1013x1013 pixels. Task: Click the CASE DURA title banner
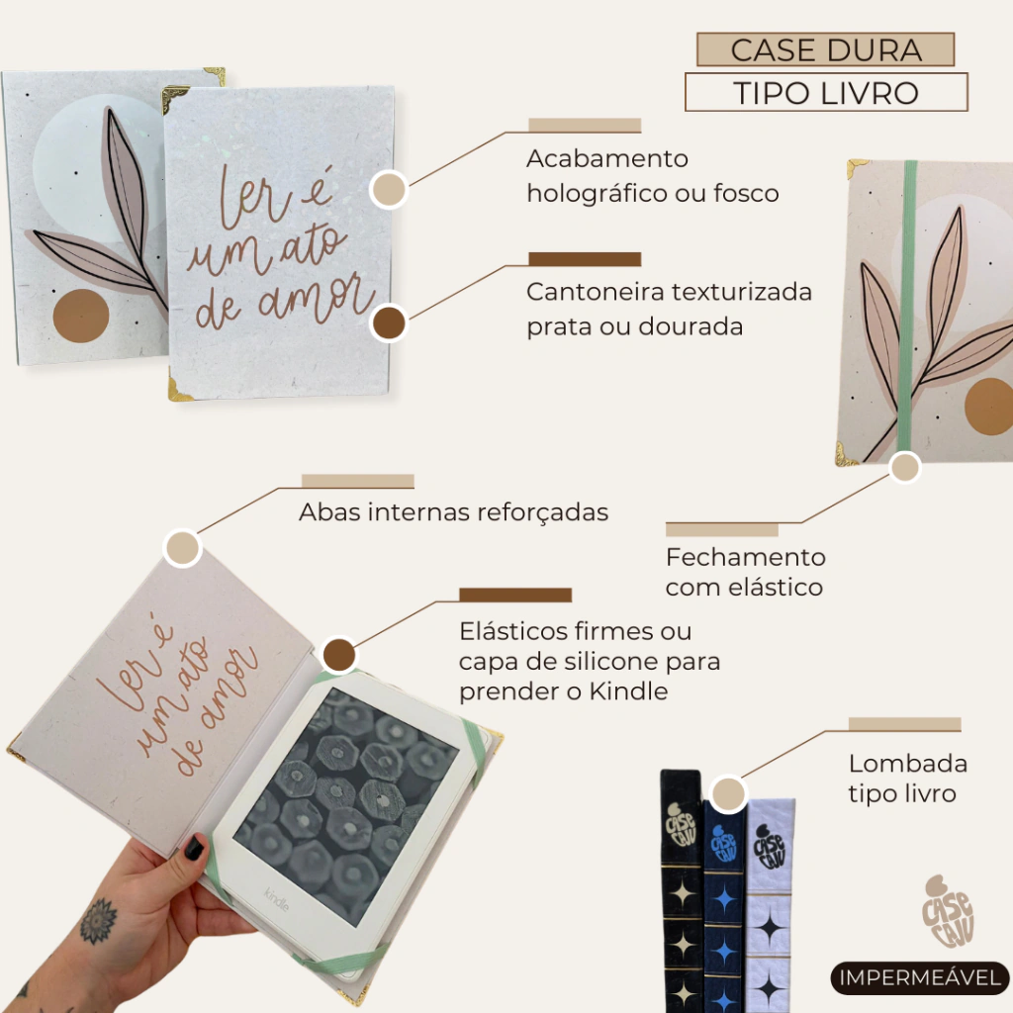point(825,49)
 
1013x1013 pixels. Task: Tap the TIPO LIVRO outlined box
point(826,92)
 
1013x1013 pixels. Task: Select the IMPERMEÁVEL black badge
point(920,977)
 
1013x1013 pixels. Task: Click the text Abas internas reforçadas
point(453,512)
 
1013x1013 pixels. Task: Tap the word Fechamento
point(746,557)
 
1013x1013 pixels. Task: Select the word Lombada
point(908,764)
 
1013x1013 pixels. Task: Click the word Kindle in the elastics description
point(628,691)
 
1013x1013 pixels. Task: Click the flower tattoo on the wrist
point(99,921)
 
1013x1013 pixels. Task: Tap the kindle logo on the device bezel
point(277,899)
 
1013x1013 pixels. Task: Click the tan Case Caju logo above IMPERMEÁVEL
point(948,911)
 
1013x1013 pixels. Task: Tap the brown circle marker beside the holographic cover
point(389,323)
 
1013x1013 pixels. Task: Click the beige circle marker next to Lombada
point(728,793)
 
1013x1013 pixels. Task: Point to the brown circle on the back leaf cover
point(81,316)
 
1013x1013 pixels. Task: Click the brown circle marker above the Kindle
point(339,655)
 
